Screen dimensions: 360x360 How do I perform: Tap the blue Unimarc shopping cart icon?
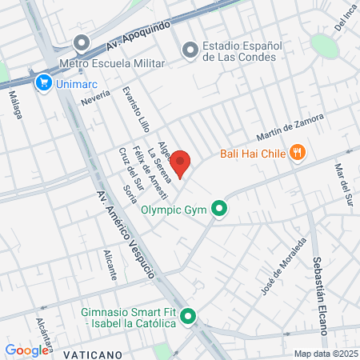(42, 81)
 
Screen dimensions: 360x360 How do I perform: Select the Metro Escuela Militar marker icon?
(80, 43)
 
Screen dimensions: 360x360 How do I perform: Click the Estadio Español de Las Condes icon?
(190, 50)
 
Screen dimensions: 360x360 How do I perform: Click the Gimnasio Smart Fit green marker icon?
(188, 316)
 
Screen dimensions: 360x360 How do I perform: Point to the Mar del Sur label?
(342, 184)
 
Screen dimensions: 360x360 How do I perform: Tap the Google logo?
(26, 350)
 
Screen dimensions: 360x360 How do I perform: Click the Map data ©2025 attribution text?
(325, 354)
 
